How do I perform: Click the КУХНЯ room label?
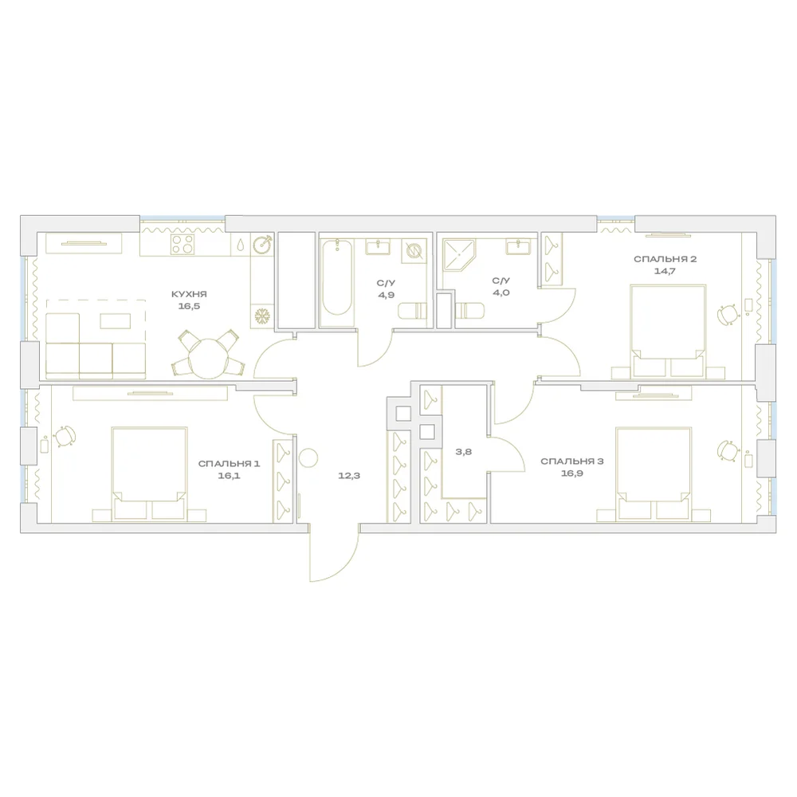[189, 294]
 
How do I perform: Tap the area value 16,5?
[189, 307]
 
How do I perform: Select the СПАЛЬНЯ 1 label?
[229, 464]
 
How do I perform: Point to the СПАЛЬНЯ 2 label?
[665, 259]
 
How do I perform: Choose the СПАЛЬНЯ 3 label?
[571, 461]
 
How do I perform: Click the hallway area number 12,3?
[349, 476]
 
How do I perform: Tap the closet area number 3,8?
[464, 451]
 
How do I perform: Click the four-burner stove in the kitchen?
[183, 244]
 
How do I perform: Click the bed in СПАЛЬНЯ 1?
[150, 473]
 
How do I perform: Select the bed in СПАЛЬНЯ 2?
[668, 332]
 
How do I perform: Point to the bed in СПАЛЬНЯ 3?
[654, 473]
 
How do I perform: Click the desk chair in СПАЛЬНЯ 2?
[728, 313]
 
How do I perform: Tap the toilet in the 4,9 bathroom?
[412, 311]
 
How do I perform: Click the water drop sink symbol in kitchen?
[240, 245]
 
